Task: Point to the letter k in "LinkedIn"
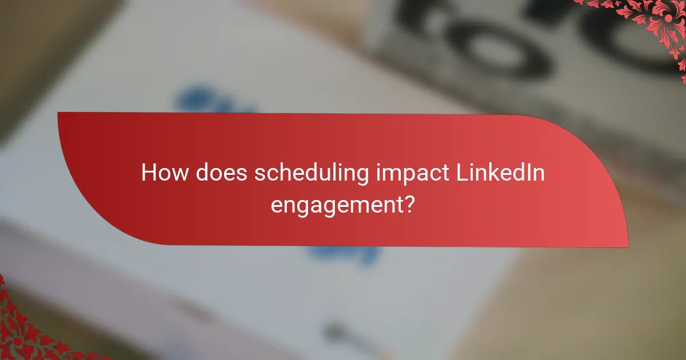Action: point(492,173)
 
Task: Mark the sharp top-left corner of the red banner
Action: point(58,113)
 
